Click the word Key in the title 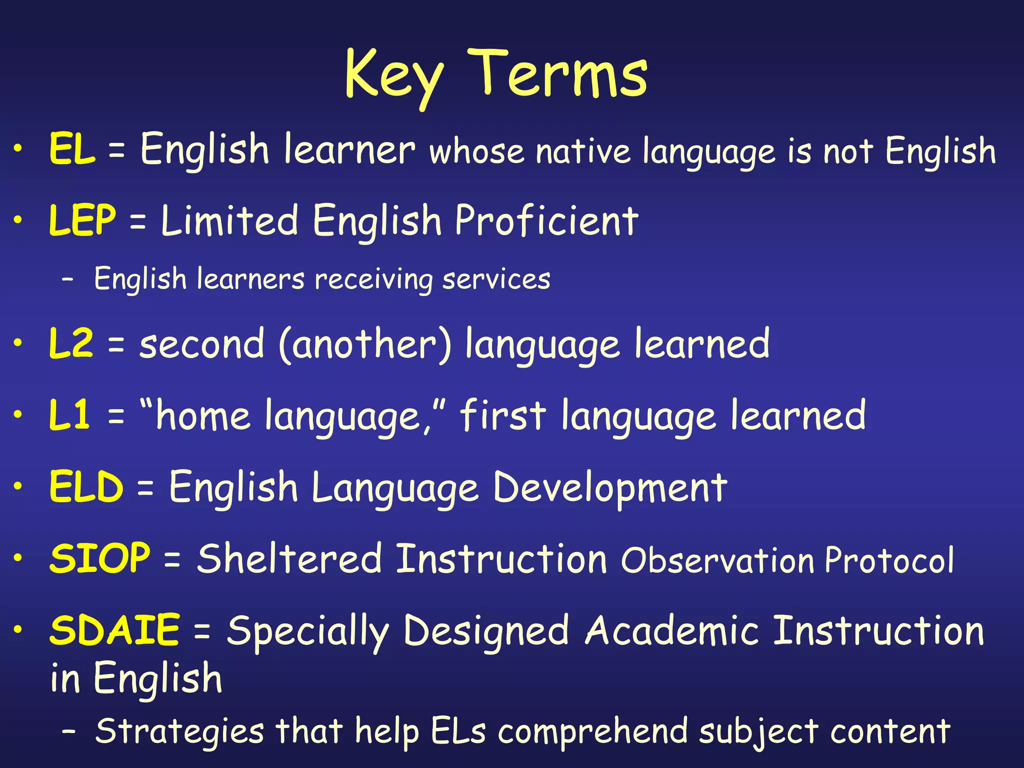(x=394, y=76)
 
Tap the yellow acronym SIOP (x=99, y=558)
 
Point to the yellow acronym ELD (x=86, y=486)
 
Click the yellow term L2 (x=71, y=343)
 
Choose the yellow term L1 (x=69, y=415)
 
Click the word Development (x=610, y=487)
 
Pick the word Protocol (x=889, y=559)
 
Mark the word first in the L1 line (x=502, y=415)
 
